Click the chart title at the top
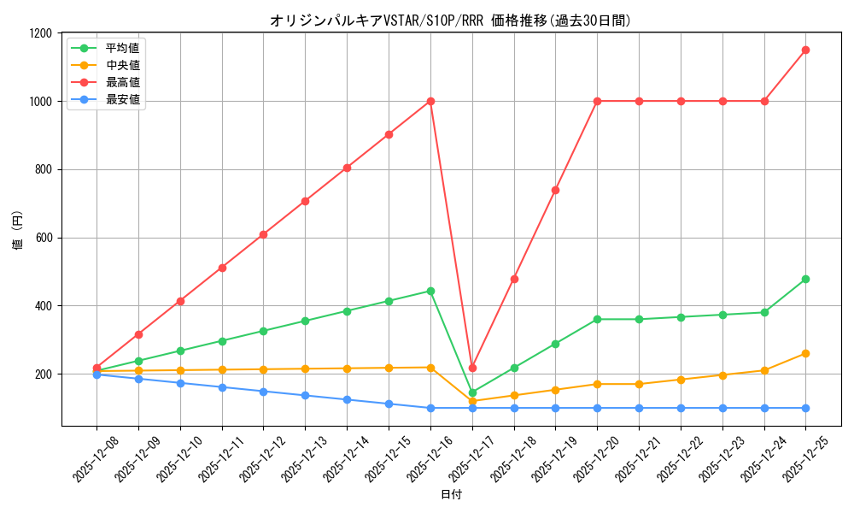pos(450,21)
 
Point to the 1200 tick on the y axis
pos(40,33)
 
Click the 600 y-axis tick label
pos(44,238)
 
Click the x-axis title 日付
pos(450,495)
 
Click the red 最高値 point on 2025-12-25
pos(805,50)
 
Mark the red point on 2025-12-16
pos(430,101)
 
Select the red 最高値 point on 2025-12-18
pos(514,279)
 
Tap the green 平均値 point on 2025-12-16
pos(430,291)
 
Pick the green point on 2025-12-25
pos(805,279)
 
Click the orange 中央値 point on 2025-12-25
pos(805,353)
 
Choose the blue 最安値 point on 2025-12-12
pos(263,392)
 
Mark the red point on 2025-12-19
pos(555,190)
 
